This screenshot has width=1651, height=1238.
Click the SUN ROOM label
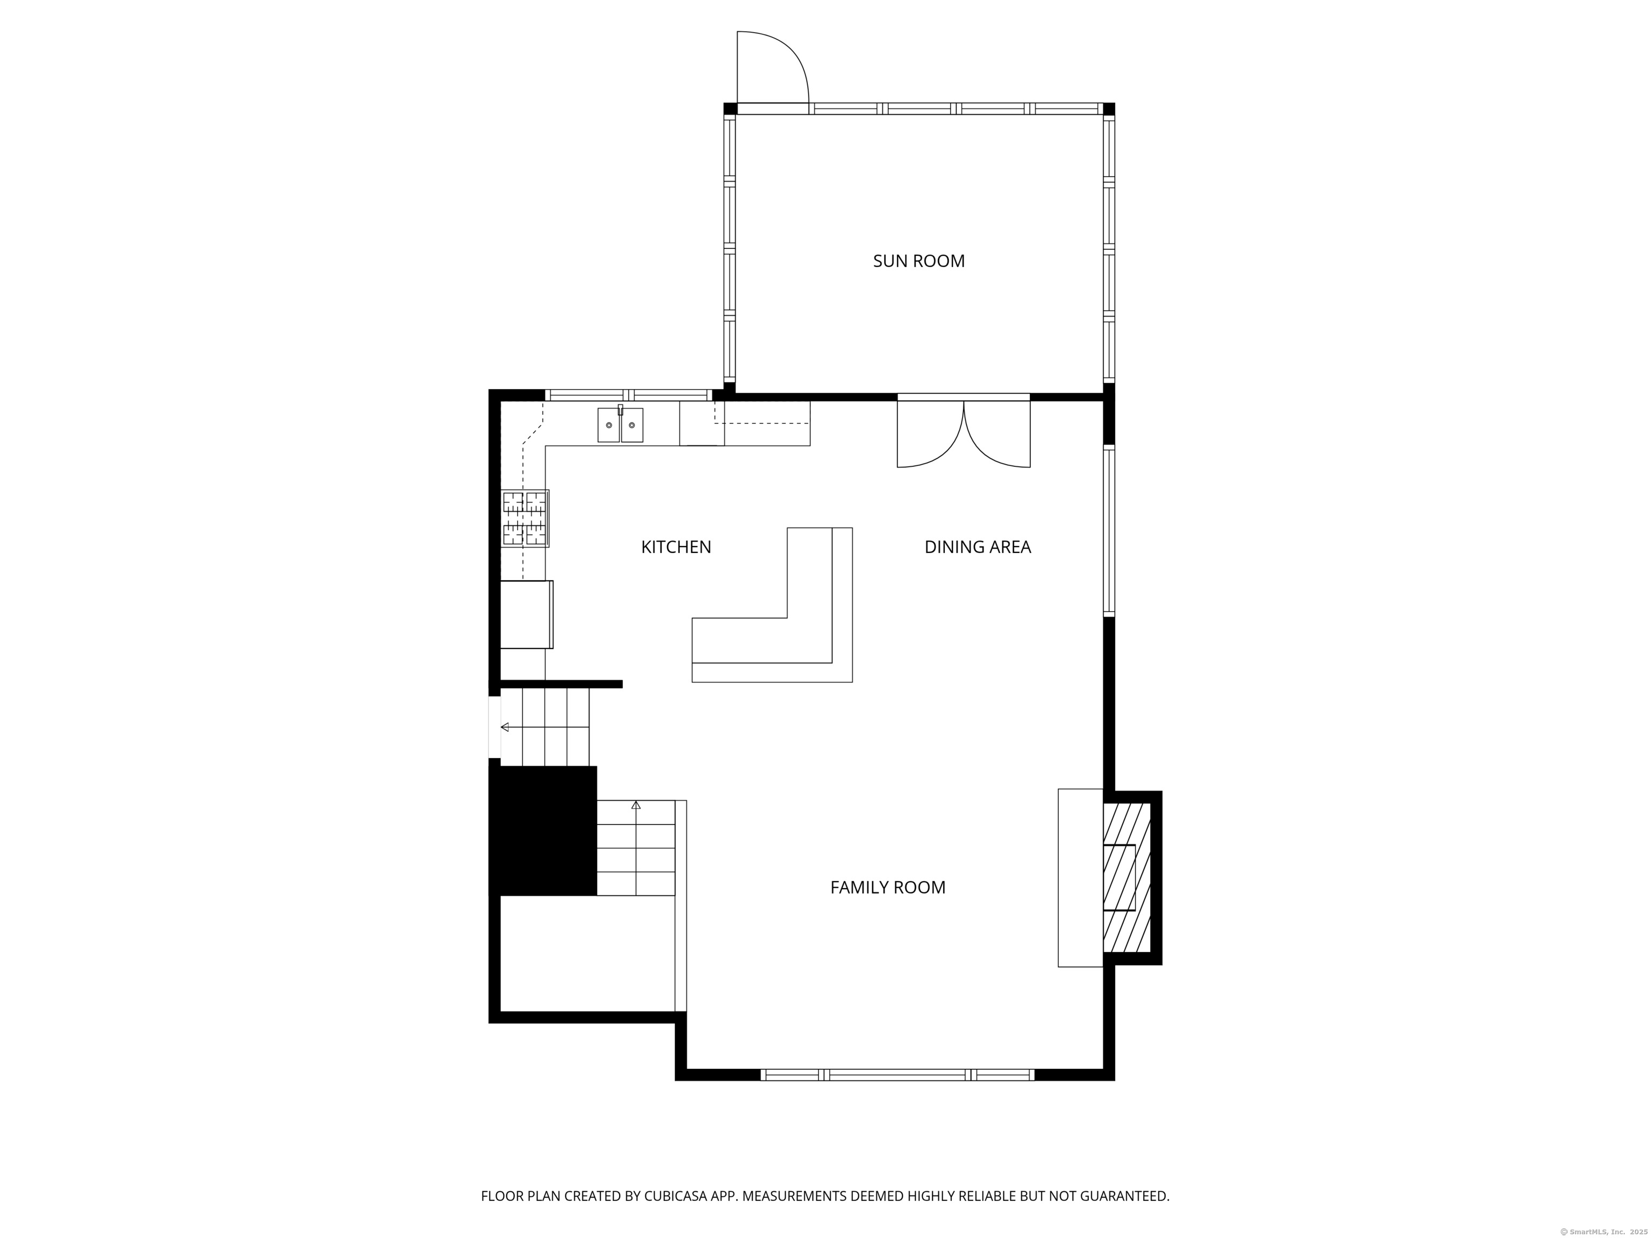click(x=919, y=261)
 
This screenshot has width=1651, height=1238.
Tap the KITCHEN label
click(x=676, y=547)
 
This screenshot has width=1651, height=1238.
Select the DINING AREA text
click(x=978, y=547)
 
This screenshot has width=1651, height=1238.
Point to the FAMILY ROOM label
click(x=888, y=887)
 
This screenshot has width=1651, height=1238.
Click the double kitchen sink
click(x=620, y=424)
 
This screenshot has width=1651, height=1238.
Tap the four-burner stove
click(x=525, y=519)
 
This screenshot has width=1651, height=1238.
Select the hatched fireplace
click(x=1127, y=877)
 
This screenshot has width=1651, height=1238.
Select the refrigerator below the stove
click(x=527, y=614)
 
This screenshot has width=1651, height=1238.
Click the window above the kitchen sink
click(x=628, y=395)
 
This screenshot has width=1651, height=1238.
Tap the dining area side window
click(x=1109, y=530)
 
